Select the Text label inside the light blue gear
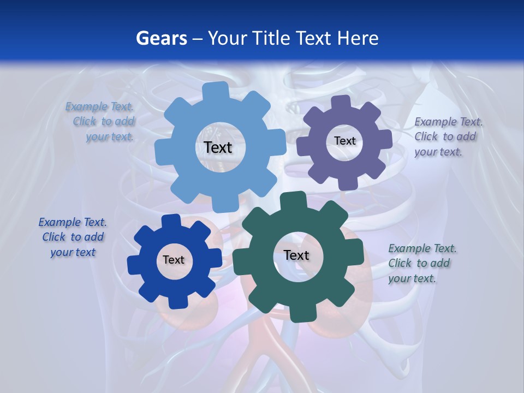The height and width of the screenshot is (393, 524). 218,147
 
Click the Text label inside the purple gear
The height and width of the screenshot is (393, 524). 344,141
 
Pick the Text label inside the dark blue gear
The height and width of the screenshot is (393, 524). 174,260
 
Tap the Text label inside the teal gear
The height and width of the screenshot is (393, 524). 296,255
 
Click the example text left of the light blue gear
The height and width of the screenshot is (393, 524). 100,122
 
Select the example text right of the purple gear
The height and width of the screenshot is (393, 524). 449,136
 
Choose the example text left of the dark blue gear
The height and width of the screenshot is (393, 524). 73,237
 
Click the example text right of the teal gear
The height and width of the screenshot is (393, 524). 422,263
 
